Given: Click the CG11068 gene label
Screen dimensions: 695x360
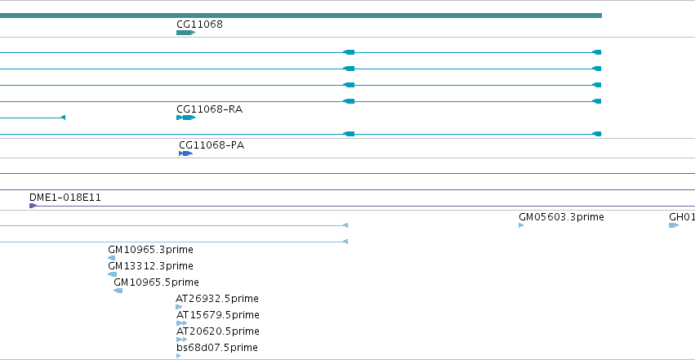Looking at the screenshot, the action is [x=199, y=24].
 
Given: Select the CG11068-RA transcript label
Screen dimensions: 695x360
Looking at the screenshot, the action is [x=210, y=109].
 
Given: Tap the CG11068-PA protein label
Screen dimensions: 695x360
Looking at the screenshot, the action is [x=212, y=145].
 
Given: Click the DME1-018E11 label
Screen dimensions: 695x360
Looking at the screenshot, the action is [x=65, y=198].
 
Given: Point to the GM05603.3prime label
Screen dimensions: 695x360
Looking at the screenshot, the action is [x=561, y=217].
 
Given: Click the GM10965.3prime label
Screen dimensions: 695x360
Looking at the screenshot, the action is [x=151, y=250].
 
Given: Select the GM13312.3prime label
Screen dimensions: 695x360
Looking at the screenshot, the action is [x=151, y=266].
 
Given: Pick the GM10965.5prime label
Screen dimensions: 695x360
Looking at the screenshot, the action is [x=157, y=282].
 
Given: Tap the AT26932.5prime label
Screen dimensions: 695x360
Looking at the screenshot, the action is [x=217, y=299].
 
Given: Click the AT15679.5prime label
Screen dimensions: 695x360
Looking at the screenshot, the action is [x=217, y=315].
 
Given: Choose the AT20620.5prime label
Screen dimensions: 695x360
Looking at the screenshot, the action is [x=217, y=331].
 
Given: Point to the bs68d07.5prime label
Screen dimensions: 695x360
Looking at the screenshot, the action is [x=217, y=348].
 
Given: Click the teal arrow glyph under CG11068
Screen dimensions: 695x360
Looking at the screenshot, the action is [x=185, y=33].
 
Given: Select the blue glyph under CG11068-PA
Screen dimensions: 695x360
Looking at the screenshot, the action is [x=185, y=153].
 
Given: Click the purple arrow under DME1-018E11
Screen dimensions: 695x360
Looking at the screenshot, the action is [x=33, y=206].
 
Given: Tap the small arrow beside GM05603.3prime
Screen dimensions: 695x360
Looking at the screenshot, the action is [x=521, y=225].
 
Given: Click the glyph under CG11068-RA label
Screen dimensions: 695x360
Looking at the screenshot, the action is [x=185, y=118].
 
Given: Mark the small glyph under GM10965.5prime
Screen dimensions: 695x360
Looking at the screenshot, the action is [x=118, y=291].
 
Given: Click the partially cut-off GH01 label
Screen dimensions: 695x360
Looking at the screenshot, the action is [x=682, y=217].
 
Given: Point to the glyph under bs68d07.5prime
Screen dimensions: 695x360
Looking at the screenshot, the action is [x=179, y=356].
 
